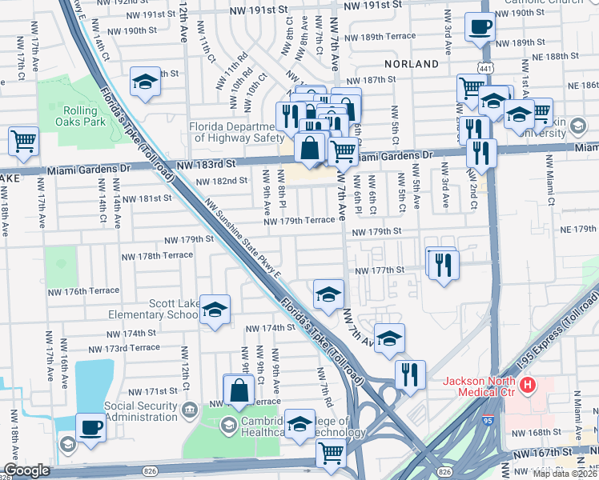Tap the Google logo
click(x=26, y=470)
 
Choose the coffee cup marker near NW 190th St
click(x=480, y=27)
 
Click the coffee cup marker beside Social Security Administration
click(x=90, y=426)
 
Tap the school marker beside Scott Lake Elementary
click(x=215, y=310)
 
